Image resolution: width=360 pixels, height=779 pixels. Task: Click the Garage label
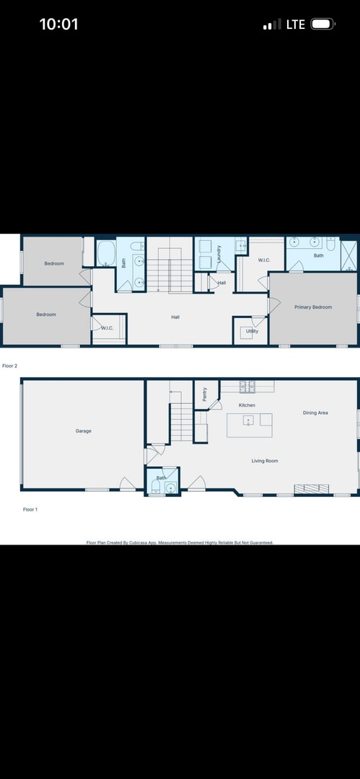pos(84,431)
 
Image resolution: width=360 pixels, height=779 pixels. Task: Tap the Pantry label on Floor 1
pos(205,394)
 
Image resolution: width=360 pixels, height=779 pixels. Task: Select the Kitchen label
pos(247,405)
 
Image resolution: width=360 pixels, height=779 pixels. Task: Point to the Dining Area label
pos(315,413)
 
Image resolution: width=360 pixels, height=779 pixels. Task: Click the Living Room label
pos(265,460)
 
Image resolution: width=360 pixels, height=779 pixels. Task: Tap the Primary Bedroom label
pos(313,307)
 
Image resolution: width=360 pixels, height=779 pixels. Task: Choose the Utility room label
pos(252,331)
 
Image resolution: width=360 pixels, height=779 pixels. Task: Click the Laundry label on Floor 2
pos(219,253)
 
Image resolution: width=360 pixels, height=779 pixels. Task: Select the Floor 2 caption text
pos(10,366)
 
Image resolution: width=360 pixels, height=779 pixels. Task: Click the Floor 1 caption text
pos(30,509)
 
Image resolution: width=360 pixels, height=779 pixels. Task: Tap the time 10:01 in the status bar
pos(58,24)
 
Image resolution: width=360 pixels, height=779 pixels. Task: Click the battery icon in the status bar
pos(322,24)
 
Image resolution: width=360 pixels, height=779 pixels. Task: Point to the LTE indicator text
pos(296,24)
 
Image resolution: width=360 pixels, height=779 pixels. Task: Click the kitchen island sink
pos(248,421)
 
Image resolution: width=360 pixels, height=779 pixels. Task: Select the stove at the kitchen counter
pos(247,386)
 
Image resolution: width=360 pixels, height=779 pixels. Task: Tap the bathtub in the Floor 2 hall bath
pos(107,253)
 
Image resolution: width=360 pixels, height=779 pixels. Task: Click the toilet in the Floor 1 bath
pos(156,487)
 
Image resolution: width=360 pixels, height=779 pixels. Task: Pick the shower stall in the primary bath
pos(348,252)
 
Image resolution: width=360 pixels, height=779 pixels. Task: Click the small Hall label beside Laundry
pos(221,283)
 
